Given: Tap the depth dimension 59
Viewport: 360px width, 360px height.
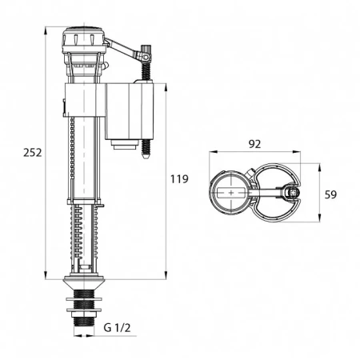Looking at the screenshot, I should pyautogui.click(x=331, y=193).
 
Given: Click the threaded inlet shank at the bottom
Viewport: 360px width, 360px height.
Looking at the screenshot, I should pyautogui.click(x=84, y=312).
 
